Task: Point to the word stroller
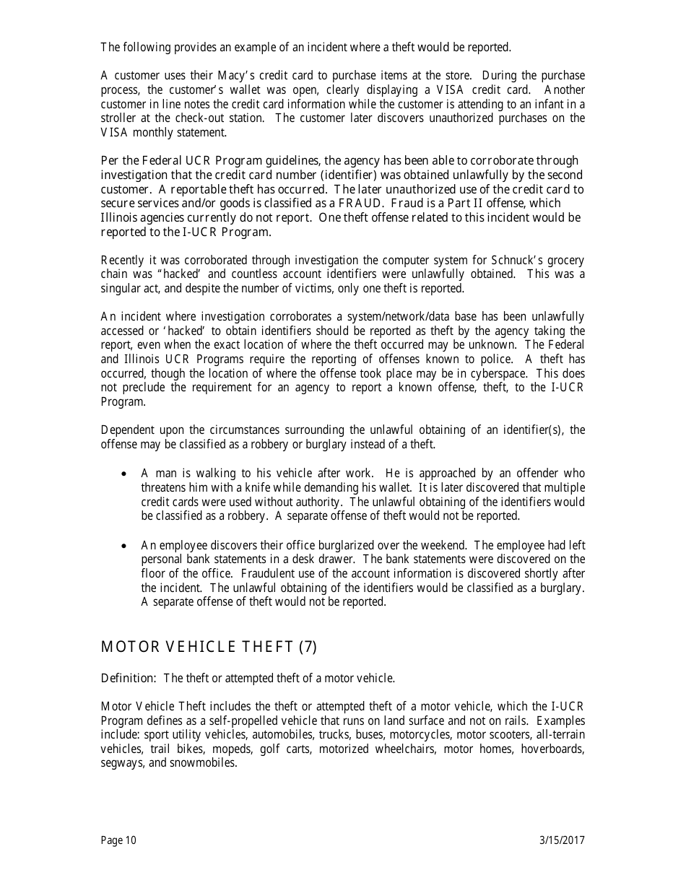click(x=117, y=118)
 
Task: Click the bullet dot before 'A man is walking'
click(x=125, y=474)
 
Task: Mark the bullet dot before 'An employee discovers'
click(x=125, y=546)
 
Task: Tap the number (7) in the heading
click(x=308, y=647)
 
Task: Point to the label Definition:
click(x=129, y=678)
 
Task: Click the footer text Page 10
click(x=118, y=840)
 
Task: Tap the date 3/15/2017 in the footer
click(x=562, y=840)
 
